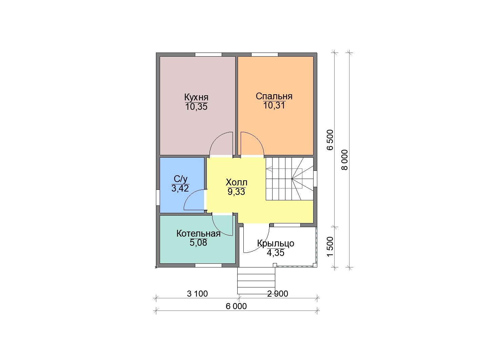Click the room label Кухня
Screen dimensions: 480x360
click(196, 97)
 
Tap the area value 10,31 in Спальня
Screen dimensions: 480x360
click(274, 105)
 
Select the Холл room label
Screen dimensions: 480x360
click(236, 182)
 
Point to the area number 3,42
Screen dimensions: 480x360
click(180, 188)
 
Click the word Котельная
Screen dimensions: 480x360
click(198, 234)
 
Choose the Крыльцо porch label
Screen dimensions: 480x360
click(276, 243)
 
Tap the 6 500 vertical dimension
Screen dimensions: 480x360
click(330, 140)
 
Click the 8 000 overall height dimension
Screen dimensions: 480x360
click(345, 160)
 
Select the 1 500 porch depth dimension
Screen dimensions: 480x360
click(330, 247)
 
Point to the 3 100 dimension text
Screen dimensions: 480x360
click(197, 294)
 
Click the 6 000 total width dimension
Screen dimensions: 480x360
click(236, 306)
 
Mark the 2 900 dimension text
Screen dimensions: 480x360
click(278, 294)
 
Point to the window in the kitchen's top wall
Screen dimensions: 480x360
click(208, 55)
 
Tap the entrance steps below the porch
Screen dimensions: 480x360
click(256, 281)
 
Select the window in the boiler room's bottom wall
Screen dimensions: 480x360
click(208, 265)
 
